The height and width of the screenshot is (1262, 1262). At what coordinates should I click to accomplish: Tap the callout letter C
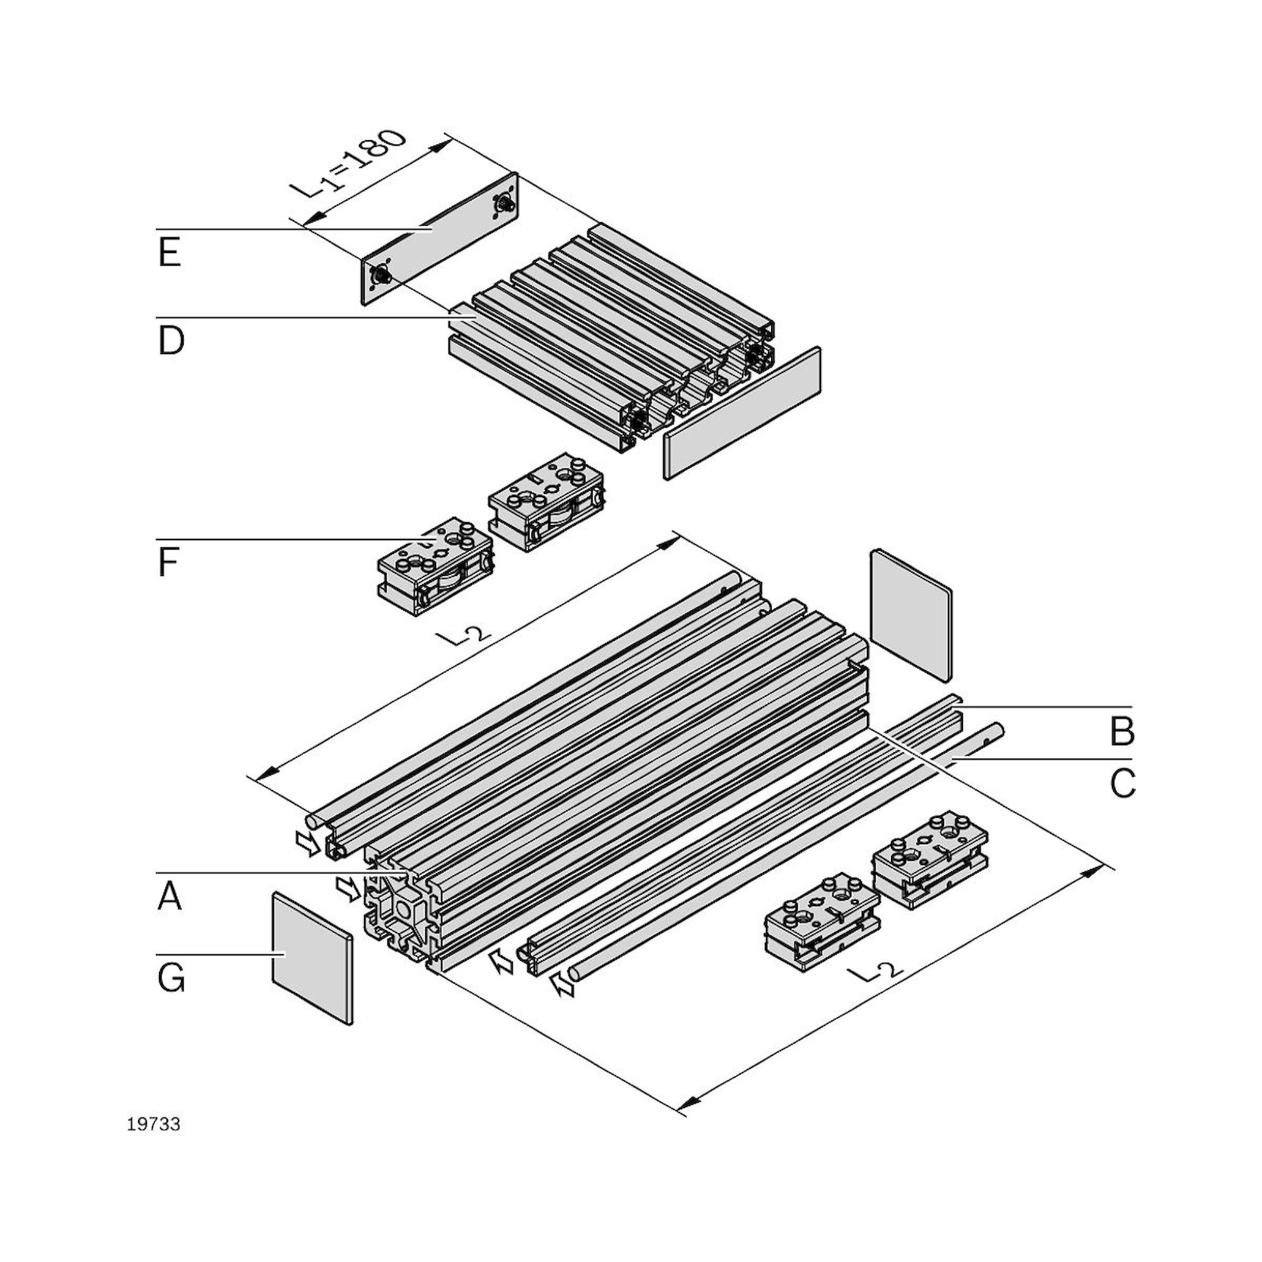point(1122,784)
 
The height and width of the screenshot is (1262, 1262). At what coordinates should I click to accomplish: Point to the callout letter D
point(170,341)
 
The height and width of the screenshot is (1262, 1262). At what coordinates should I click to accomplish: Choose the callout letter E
point(169,253)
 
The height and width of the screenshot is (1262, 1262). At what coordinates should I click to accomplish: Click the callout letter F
point(168,563)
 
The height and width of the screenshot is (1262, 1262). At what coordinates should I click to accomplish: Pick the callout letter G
point(170,979)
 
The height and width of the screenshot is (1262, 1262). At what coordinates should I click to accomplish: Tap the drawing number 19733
point(153,1124)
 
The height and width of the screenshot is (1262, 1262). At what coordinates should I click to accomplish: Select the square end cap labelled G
point(311,957)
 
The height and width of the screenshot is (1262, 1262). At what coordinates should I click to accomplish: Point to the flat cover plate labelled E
point(439,239)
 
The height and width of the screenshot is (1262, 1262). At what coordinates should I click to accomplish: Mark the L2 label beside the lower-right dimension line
point(878,973)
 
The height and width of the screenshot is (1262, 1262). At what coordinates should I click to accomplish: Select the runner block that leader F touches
point(434,567)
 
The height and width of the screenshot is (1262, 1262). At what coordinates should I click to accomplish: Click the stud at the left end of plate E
point(379,276)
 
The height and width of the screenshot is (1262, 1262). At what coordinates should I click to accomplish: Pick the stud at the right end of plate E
point(502,205)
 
